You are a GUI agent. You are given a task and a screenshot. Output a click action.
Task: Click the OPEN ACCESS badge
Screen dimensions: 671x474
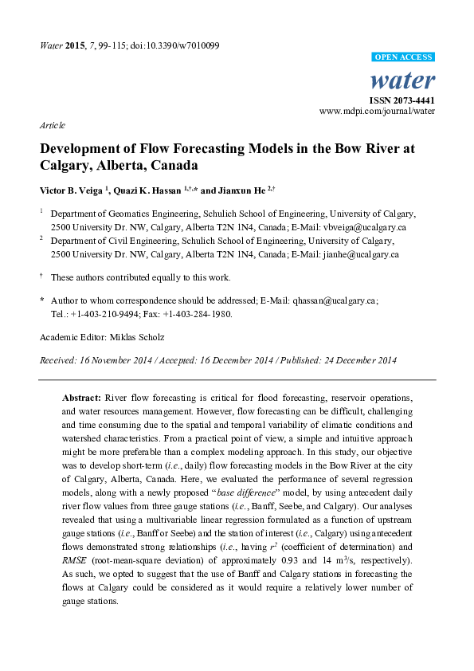[405, 58]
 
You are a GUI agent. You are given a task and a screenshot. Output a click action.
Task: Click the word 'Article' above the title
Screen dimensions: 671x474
[52, 126]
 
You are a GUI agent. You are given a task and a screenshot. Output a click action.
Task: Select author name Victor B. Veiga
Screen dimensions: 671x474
[73, 191]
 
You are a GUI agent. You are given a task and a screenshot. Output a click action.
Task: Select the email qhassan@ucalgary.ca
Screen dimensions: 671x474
[336, 300]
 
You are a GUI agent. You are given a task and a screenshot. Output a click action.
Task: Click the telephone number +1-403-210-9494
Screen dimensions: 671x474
[104, 314]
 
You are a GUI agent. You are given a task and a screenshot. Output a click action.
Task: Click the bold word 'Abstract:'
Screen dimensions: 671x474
[81, 397]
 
